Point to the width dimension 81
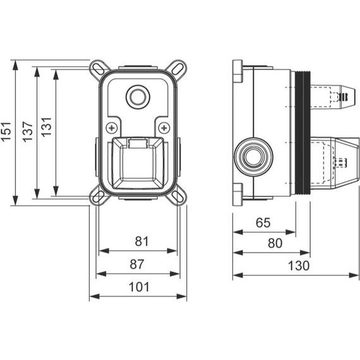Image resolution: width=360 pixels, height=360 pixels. point(141,241)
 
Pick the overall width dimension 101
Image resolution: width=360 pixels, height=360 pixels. point(138,287)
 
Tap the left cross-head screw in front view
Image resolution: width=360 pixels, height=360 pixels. point(112,127)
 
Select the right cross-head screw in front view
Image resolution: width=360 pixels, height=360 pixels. point(163,127)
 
